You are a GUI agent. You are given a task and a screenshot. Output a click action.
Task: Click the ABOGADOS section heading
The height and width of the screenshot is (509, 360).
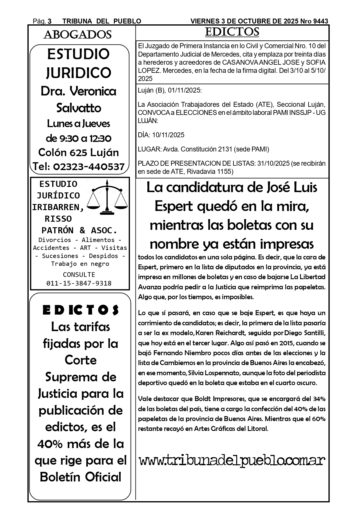[x=77, y=35]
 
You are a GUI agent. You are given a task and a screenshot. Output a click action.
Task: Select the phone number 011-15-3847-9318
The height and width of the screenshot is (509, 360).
[x=79, y=283]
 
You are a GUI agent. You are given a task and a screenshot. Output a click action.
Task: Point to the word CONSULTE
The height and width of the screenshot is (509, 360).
[x=79, y=275]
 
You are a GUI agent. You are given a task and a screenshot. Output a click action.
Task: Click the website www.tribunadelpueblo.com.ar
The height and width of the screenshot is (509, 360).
[x=232, y=461]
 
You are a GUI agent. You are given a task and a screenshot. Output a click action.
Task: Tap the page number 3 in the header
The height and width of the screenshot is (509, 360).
[x=50, y=21]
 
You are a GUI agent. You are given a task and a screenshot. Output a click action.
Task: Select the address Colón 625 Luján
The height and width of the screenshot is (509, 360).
[x=79, y=153]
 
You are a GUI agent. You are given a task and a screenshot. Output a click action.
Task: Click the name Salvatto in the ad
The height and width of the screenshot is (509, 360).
[x=79, y=108]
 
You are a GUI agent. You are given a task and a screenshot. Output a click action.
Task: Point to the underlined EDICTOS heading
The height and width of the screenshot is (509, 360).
[x=232, y=32]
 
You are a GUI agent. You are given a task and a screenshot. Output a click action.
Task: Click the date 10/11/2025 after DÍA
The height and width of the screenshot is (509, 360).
[x=169, y=135]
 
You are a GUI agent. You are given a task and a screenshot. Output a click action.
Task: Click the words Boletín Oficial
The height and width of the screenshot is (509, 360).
[x=81, y=477]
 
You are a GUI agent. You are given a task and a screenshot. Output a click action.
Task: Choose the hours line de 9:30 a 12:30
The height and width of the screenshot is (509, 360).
[x=79, y=138]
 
